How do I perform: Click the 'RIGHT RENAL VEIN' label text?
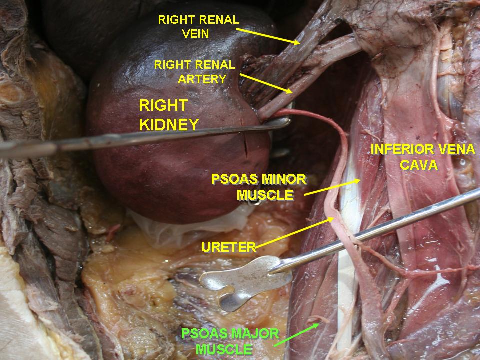198,26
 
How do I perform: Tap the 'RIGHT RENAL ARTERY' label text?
195,72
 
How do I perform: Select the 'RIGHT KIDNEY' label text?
169,115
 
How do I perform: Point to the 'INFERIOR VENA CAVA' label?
423,157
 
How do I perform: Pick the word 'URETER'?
228,247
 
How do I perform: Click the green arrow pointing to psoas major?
297,335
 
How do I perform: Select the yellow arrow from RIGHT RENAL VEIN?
268,36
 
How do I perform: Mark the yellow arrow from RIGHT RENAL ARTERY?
266,83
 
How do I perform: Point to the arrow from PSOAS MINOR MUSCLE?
332,187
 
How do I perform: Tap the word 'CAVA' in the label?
419,165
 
